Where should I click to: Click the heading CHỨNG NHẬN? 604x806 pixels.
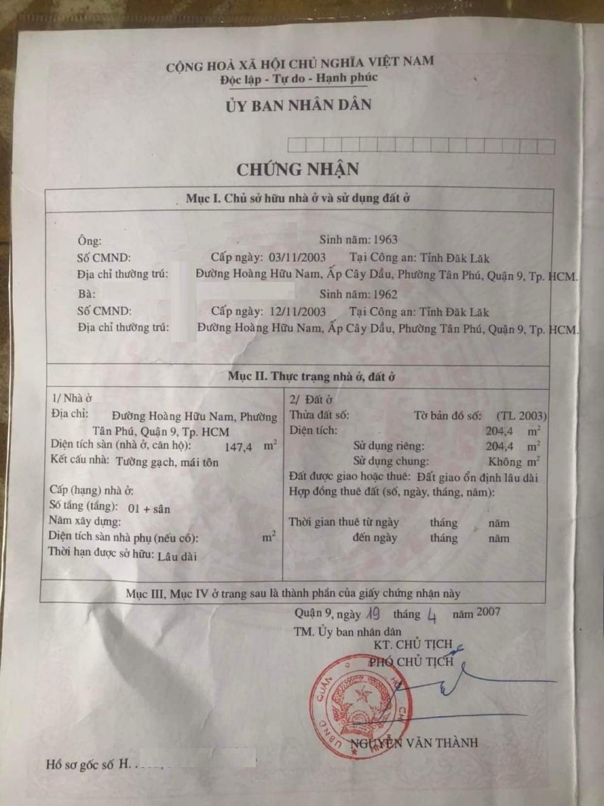pos(298,169)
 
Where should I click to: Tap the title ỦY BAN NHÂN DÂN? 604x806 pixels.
pos(298,105)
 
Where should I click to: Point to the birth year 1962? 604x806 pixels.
pos(385,294)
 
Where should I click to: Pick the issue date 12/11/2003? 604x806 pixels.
pos(295,311)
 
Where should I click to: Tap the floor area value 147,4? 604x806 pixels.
pos(239,447)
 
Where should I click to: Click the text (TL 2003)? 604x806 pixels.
pos(521,416)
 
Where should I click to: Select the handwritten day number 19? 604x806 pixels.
pos(373,614)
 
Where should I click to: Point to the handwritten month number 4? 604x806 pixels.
pos(431,616)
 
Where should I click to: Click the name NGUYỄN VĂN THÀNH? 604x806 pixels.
pos(414,743)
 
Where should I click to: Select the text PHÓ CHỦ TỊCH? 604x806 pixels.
pos(411,661)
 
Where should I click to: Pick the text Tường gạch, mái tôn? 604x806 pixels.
pos(167,462)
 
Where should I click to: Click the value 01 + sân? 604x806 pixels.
pos(149,508)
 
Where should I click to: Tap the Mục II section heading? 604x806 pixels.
pos(311,376)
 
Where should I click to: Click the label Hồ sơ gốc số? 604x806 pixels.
pos(81,764)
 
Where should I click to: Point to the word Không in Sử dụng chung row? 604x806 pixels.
pos(505,462)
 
